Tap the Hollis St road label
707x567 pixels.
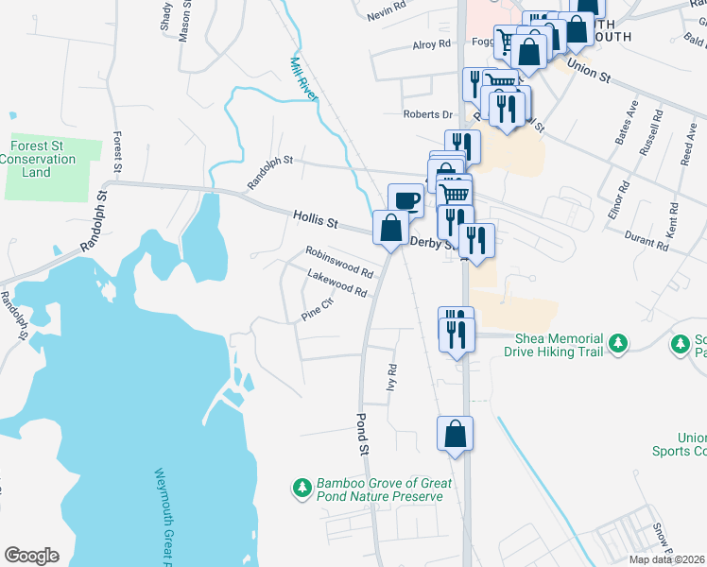pos(315,221)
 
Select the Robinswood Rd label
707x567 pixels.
pos(338,262)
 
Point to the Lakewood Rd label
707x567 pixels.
pos(336,283)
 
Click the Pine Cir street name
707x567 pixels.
pos(318,310)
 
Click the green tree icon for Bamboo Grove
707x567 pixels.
pos(302,488)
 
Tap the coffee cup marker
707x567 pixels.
pos(405,200)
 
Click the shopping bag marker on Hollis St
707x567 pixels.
pos(390,228)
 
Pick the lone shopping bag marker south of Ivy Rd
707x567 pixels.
pos(455,435)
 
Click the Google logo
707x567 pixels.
pos(31,556)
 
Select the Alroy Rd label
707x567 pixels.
pos(431,44)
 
